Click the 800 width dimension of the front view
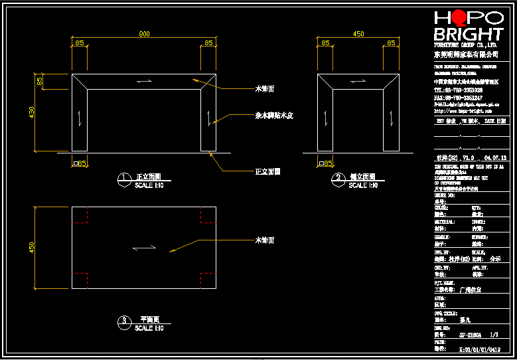click(x=144, y=34)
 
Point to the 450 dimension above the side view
click(x=358, y=34)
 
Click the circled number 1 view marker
click(x=124, y=178)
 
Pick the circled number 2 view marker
click(x=338, y=178)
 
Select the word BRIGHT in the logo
click(x=468, y=34)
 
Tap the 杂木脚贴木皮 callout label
click(x=274, y=116)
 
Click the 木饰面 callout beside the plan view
click(x=265, y=240)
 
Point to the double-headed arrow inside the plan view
click(x=145, y=248)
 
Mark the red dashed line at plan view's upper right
click(x=201, y=215)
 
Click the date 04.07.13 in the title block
click(x=496, y=158)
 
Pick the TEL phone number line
click(x=458, y=90)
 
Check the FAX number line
click(x=458, y=98)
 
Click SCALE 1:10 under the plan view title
click(x=149, y=328)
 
